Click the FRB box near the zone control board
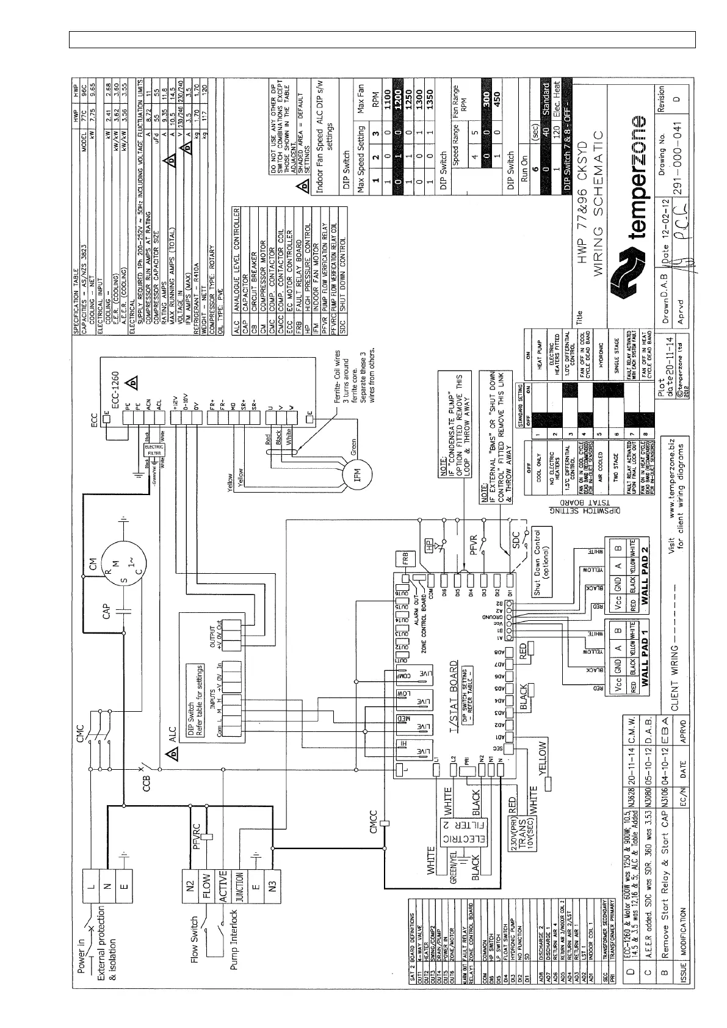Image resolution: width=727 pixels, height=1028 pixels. click(403, 557)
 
